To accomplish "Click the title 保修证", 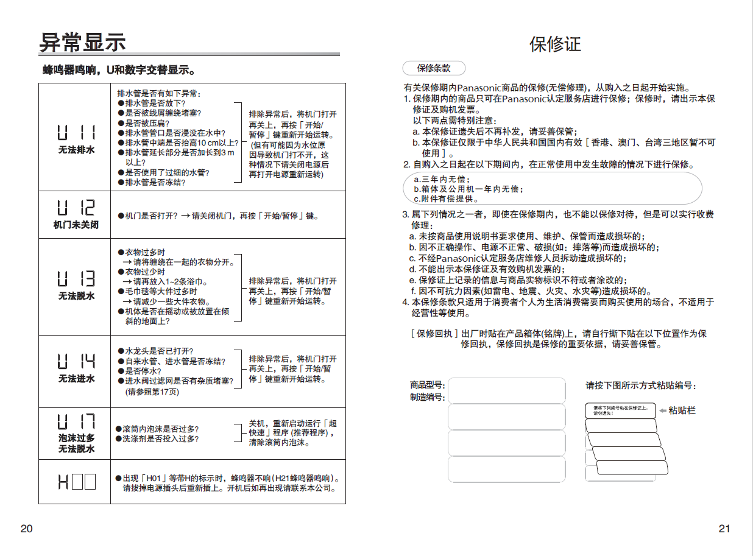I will pos(555,44).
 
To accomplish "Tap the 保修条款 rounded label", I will pos(434,68).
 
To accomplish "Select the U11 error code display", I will pos(76,133).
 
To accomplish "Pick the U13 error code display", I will pos(76,279).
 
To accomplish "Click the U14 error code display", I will pos(76,362).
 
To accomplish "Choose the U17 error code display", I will pos(76,421).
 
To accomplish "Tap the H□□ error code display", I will pos(76,482).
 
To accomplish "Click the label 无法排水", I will pos(76,150).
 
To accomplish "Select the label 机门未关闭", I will pos(76,225).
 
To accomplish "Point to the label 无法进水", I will pos(76,379).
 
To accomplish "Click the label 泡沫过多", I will pos(76,438).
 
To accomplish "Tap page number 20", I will pos(26,529).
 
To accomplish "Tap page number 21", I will pos(724,529).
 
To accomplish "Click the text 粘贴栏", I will pos(682,410).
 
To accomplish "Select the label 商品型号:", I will pos(427,385).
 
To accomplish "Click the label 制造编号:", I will pos(427,397).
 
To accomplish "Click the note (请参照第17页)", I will pos(152,392).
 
